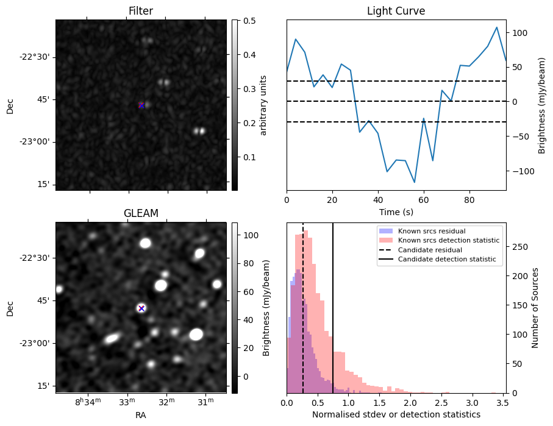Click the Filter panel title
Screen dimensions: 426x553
[140, 11]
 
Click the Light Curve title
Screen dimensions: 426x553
[396, 11]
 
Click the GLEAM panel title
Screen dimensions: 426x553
[140, 213]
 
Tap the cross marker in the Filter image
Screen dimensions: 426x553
[141, 105]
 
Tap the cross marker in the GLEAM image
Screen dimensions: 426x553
[141, 308]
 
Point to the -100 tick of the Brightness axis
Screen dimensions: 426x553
[518, 171]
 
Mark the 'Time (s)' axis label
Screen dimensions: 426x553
[396, 210]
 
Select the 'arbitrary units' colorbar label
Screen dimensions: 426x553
[263, 105]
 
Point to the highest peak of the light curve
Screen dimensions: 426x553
[497, 27]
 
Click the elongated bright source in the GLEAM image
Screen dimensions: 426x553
[111, 338]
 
